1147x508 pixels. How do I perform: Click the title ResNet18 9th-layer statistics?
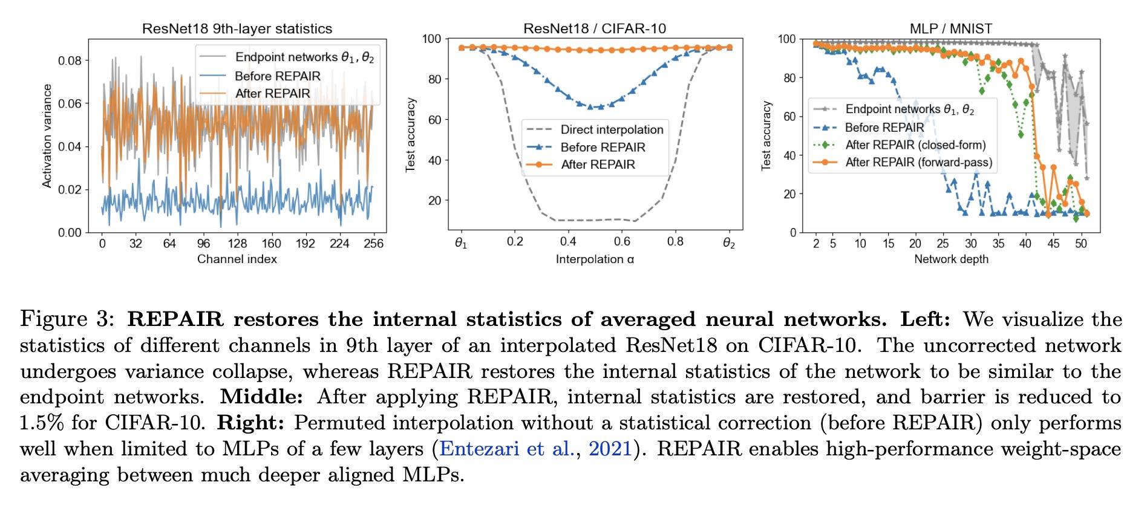click(237, 28)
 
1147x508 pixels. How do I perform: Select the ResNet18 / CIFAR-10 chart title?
click(595, 28)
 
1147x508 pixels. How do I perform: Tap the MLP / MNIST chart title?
click(950, 28)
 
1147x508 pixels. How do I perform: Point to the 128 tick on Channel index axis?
click(237, 244)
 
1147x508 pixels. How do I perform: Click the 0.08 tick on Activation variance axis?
click(70, 60)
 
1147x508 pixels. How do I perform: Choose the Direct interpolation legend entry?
click(612, 129)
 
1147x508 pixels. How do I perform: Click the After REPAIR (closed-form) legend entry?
click(915, 145)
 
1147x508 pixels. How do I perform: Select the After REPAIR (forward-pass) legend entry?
click(918, 162)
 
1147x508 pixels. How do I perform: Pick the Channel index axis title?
click(237, 259)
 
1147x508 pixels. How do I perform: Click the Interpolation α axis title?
click(595, 259)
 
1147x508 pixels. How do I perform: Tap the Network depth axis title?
click(950, 259)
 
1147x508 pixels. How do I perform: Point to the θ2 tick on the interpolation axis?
click(729, 244)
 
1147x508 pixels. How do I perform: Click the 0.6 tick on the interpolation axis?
click(622, 241)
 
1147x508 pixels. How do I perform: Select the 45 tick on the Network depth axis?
click(1053, 243)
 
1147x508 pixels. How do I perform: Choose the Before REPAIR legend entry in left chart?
click(277, 76)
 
